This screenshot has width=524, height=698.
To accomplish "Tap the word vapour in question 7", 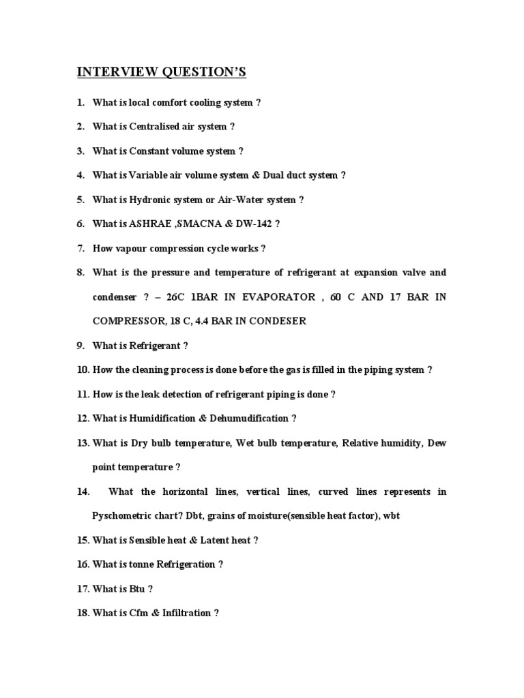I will pos(131,249).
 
